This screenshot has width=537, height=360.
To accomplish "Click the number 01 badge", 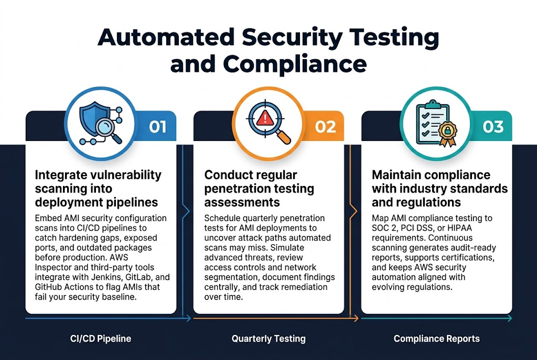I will click(157, 127).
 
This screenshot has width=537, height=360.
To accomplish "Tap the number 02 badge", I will click(325, 127).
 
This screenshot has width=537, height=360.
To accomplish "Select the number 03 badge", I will click(493, 127).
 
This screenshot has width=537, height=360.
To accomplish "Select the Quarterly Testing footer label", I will click(268, 339).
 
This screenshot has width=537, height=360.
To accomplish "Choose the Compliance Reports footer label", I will click(436, 339).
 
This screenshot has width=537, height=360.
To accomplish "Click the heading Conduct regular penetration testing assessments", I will click(259, 189).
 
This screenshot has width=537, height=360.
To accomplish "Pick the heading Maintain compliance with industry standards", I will click(439, 189).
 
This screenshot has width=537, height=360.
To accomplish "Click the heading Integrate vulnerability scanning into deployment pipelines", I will click(98, 189).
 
